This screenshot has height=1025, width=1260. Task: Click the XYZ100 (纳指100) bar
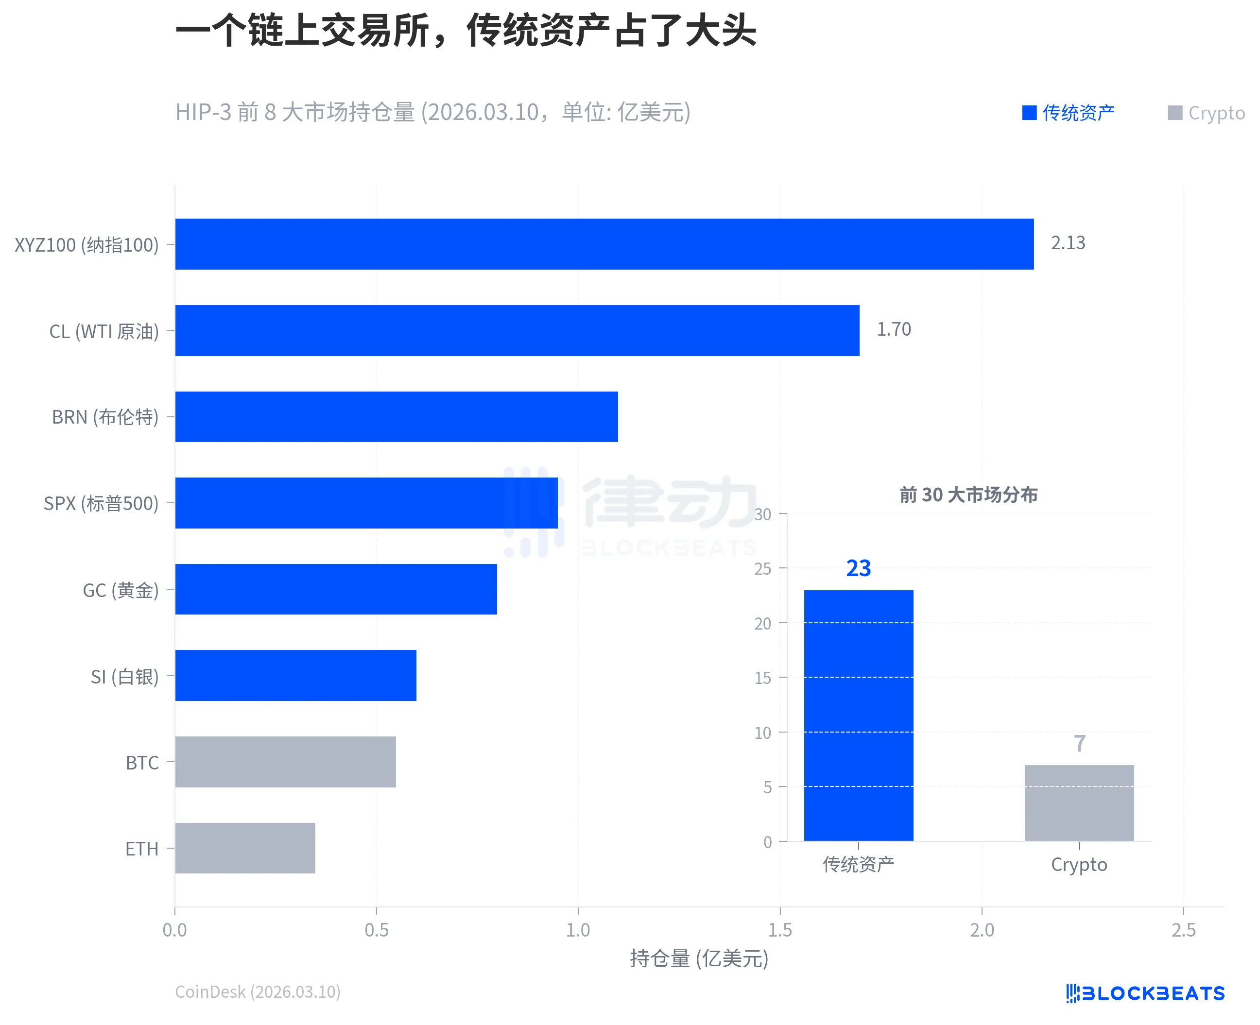[604, 244]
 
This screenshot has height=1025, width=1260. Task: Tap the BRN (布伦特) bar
[396, 416]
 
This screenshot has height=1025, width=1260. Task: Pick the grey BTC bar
[285, 762]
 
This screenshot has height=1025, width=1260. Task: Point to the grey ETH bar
[245, 848]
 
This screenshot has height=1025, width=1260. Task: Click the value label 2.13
[1068, 243]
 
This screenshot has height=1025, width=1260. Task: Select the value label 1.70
[893, 329]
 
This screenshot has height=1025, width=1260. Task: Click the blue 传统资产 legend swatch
[1029, 113]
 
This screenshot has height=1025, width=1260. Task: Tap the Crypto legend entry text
[1216, 113]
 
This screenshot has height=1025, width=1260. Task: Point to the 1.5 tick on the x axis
[779, 930]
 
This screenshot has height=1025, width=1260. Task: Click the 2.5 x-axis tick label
[1183, 930]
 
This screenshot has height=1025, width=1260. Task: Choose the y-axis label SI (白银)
[124, 677]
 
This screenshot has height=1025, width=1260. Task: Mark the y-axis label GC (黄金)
[121, 590]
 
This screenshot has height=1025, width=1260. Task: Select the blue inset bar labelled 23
[859, 715]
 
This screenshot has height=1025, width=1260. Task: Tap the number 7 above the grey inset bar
[1079, 743]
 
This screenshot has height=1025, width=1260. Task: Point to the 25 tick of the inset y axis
[762, 568]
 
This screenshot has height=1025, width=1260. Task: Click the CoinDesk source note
[258, 992]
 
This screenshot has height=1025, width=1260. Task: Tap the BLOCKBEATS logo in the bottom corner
[1145, 993]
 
